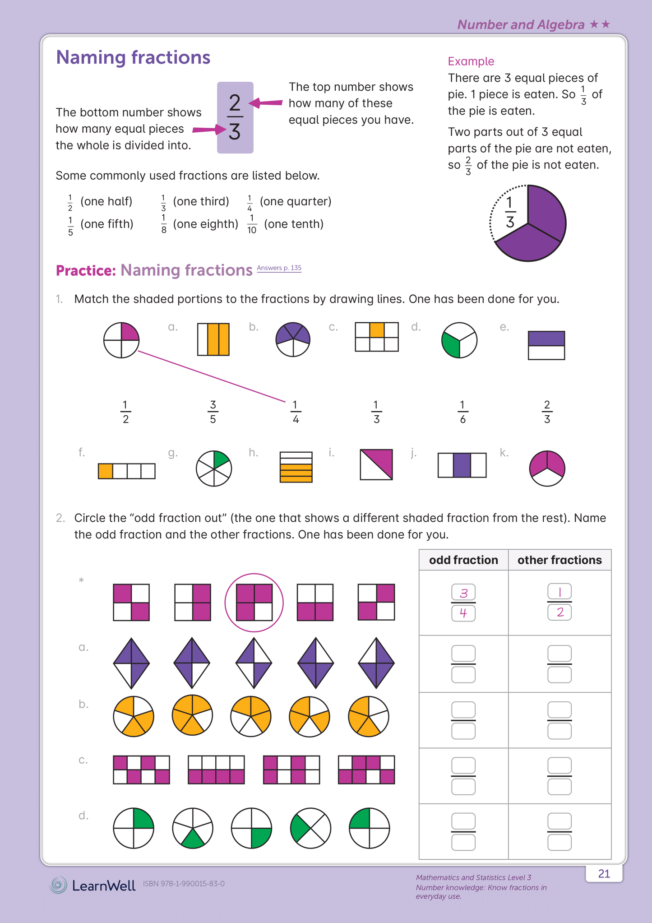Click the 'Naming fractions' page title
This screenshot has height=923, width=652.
(x=133, y=57)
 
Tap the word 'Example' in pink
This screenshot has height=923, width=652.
(x=471, y=61)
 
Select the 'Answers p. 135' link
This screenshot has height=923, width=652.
(x=279, y=268)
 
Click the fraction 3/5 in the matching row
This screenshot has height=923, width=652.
(x=213, y=412)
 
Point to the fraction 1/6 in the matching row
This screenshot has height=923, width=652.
(x=462, y=412)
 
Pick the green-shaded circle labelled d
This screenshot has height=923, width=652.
(x=459, y=340)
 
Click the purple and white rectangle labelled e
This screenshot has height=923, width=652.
(x=546, y=345)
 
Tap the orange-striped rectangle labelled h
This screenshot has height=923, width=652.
(x=296, y=467)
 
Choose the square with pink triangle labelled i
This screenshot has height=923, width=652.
(x=376, y=464)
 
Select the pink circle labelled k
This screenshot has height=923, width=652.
(x=547, y=468)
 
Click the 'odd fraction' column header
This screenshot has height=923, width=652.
(x=463, y=560)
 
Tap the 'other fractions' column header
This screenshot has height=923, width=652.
(x=560, y=560)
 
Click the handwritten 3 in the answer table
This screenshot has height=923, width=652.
(x=463, y=593)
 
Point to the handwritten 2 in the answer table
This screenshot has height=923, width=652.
(x=560, y=612)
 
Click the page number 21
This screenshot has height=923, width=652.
(x=604, y=874)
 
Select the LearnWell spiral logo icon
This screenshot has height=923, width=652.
(x=58, y=885)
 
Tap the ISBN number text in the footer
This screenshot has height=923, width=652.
(x=184, y=884)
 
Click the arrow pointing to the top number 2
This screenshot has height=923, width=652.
(x=266, y=103)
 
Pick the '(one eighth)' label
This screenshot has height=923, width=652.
(x=205, y=224)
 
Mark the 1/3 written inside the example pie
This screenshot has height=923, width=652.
(x=510, y=212)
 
